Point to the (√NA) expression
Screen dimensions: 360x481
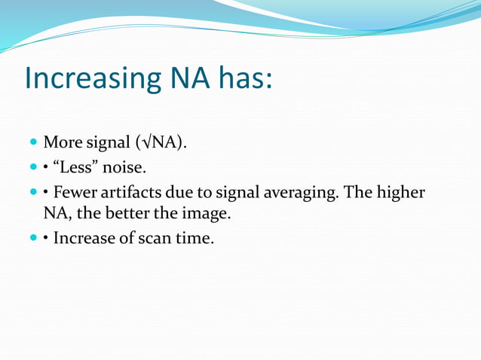point(161,142)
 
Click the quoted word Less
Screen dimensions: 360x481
point(75,167)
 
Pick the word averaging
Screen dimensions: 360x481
point(303,193)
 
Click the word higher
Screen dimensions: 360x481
point(400,193)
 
